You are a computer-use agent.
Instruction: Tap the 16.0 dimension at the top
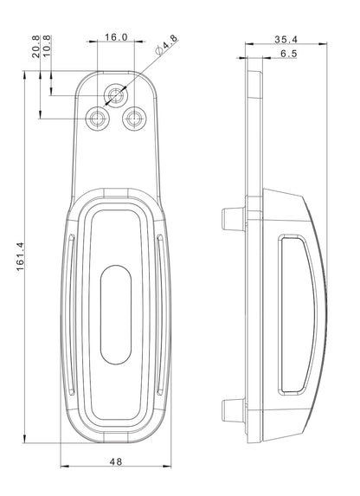coord(115,37)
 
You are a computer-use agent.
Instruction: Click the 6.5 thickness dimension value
coord(288,54)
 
